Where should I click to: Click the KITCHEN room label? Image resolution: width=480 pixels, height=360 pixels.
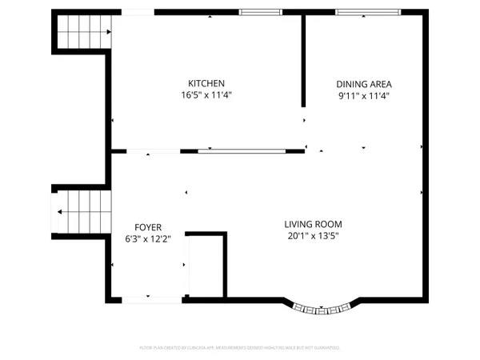[x=206, y=83]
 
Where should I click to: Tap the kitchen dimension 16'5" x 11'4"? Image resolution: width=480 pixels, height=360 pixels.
[x=206, y=94]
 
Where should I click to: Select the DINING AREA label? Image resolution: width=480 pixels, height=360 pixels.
[x=363, y=83]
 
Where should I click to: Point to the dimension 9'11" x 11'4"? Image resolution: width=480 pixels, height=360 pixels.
[x=363, y=94]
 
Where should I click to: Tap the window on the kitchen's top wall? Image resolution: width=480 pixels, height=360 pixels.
[x=261, y=13]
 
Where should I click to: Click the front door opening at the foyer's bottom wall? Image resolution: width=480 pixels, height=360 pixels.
[x=150, y=299]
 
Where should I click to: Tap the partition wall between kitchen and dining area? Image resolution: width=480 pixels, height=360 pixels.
[x=303, y=60]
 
